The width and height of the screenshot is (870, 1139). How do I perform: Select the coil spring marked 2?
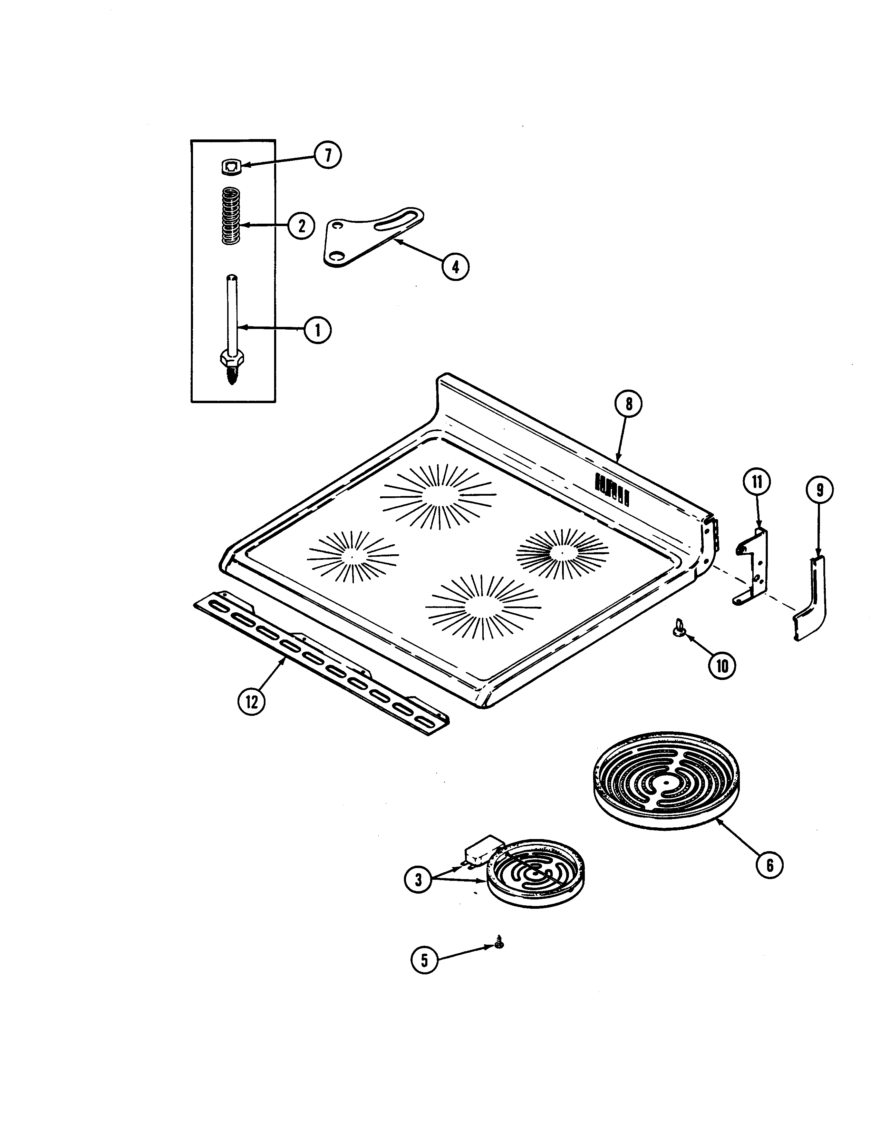[x=231, y=216]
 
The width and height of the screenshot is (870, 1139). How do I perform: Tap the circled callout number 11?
[x=757, y=482]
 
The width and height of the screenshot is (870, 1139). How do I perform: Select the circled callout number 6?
[x=769, y=865]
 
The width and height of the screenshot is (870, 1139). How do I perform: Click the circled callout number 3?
[x=418, y=879]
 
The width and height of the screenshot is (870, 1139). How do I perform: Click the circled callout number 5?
[x=424, y=961]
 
